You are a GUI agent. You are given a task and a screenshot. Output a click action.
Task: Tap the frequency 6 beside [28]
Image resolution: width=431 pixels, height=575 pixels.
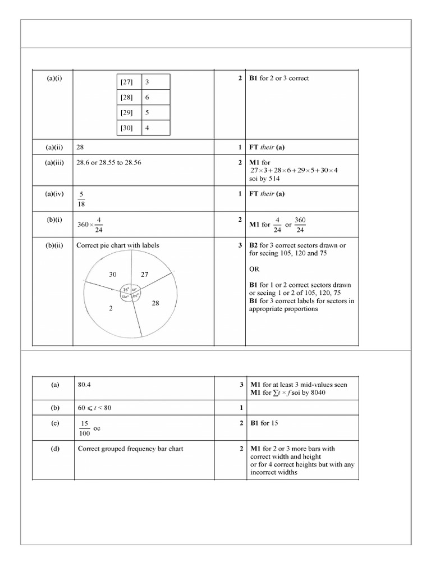[148, 98]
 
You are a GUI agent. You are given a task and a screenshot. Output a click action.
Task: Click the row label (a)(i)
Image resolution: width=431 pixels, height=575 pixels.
[54, 78]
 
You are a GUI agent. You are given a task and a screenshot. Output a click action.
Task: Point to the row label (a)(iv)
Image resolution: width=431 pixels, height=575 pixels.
[54, 194]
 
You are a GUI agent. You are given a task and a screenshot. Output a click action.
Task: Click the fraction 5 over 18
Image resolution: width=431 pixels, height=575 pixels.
[81, 200]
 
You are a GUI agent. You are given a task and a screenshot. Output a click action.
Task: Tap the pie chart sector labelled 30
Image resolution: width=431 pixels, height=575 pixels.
[113, 274]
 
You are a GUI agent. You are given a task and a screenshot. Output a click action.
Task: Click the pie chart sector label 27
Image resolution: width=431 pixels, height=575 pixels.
[144, 275]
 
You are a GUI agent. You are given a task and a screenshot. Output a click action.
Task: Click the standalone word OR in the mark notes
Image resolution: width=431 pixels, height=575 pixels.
[255, 269]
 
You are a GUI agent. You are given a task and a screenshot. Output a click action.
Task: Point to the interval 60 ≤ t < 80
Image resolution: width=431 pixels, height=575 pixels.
[95, 408]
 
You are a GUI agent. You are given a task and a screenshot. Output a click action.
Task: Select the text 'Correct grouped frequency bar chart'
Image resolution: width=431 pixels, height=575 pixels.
[130, 449]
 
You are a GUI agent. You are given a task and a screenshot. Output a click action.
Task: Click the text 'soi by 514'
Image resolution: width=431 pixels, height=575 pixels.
[265, 179]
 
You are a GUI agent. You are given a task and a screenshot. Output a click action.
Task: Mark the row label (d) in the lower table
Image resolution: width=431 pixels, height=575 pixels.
[54, 449]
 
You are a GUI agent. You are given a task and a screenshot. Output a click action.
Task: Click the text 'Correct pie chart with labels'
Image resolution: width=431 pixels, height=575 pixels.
[117, 245]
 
